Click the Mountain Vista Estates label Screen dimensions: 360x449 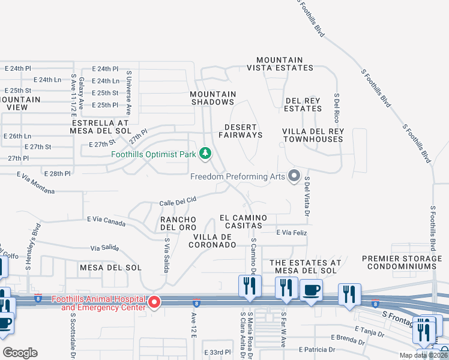tap(279, 64)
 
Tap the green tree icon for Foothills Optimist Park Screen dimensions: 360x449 tap(205, 154)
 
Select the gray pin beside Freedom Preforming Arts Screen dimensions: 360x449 tap(294, 176)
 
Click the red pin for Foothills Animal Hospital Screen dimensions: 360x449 tap(154, 302)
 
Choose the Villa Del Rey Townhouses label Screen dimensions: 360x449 tap(313, 135)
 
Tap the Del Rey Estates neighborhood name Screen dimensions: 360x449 tap(303, 104)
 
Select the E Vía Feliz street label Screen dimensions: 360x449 tap(291, 232)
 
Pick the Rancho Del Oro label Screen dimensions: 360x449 tap(179, 223)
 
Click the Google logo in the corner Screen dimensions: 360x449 tap(19, 352)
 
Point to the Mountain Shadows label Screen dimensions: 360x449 tap(213, 98)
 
